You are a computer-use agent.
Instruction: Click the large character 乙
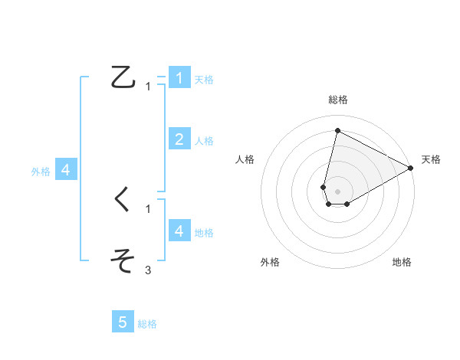pos(123,78)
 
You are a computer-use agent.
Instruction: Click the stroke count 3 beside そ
pos(148,270)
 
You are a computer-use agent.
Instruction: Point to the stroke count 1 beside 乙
pos(148,87)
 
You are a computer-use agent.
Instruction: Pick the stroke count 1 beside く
pos(148,208)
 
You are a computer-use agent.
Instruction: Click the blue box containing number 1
pos(179,77)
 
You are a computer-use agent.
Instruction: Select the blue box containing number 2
pos(179,139)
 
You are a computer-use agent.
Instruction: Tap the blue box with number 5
pos(123,322)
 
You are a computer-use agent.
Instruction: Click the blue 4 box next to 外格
pos(66,170)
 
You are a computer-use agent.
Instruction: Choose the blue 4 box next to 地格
pos(179,231)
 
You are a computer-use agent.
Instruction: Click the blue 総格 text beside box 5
pos(147,324)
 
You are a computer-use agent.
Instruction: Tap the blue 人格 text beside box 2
pos(204,141)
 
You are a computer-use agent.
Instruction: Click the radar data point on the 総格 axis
pos(337,130)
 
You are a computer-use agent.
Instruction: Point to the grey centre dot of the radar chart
pos(337,190)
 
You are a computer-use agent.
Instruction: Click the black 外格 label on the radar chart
pos(270,262)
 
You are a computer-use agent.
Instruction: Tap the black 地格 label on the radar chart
pos(402,262)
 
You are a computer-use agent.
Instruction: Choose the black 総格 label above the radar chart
pos(337,100)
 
